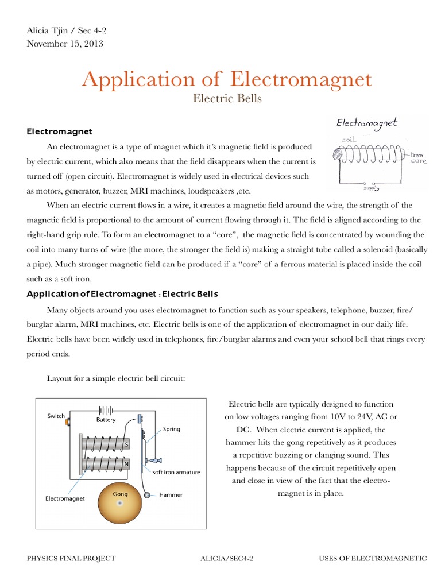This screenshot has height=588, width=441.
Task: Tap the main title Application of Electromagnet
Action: point(227,79)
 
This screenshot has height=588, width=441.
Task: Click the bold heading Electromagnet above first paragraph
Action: point(60,132)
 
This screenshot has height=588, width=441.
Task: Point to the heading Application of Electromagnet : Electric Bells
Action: point(123,294)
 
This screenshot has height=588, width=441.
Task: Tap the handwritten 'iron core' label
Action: point(416,158)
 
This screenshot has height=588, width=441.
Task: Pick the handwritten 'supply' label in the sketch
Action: point(371,187)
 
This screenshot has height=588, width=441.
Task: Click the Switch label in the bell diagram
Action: point(56,416)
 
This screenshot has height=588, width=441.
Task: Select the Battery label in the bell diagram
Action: point(106,420)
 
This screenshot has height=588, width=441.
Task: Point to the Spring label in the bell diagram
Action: point(172,429)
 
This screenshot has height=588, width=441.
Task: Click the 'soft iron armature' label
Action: point(176,472)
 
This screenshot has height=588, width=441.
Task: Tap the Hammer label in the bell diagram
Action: point(171,494)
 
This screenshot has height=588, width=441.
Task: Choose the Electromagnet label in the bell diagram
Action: point(65,498)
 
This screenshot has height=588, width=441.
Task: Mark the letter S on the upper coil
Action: point(126,444)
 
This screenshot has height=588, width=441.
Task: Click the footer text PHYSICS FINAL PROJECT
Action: point(71,558)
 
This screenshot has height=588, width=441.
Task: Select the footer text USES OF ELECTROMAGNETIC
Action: point(373,558)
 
